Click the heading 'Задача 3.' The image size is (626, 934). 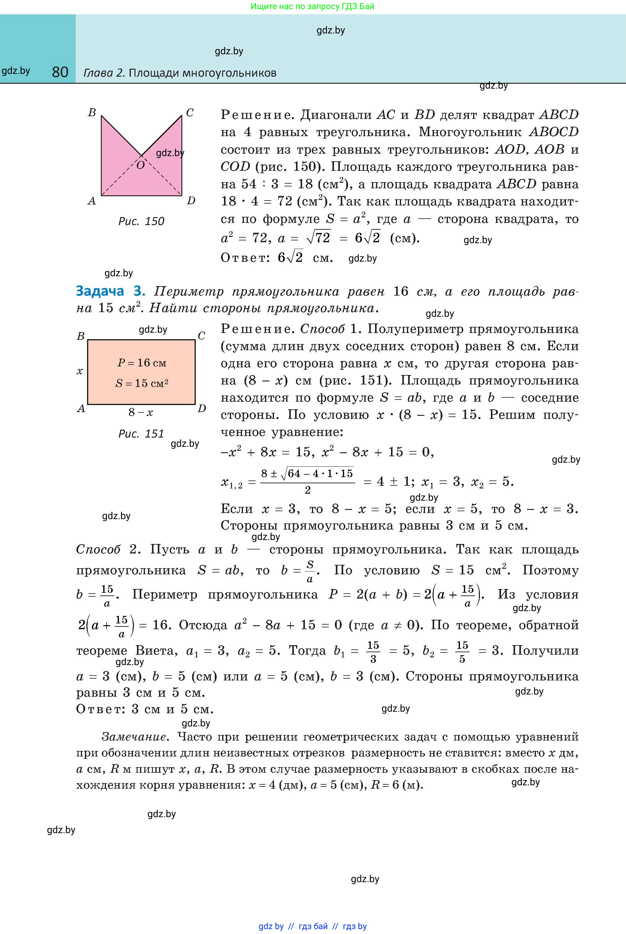[111, 291]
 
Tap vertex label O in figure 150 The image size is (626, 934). [140, 165]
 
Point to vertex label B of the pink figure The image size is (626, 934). [92, 113]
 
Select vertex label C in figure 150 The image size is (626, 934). [190, 113]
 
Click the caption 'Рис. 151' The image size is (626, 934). [141, 434]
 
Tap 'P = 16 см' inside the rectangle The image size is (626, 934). [142, 363]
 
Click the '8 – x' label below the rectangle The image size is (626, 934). [141, 412]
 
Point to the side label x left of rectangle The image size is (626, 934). [80, 371]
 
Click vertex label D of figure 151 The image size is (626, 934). [202, 408]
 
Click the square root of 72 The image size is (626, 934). [318, 238]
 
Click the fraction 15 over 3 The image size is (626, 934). [373, 652]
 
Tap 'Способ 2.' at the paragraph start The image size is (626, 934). [108, 550]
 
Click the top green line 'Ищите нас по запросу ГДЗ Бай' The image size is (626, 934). [313, 6]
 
